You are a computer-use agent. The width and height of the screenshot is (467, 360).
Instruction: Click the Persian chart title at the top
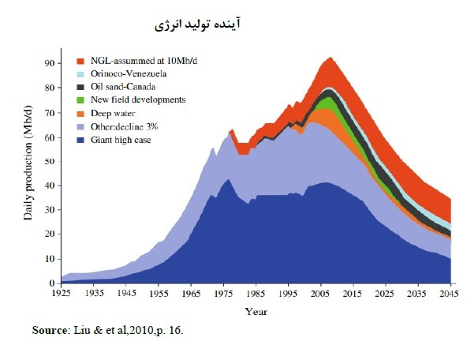197,24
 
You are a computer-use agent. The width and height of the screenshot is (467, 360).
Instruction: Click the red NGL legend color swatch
80,61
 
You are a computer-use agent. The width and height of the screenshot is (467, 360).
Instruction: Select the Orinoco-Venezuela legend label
129,73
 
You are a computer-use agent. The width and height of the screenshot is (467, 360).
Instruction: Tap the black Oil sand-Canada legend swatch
80,87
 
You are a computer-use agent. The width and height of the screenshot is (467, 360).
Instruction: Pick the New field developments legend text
138,99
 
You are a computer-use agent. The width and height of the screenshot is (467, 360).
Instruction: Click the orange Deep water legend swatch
80,114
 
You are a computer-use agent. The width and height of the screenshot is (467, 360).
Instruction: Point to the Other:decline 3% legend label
124,126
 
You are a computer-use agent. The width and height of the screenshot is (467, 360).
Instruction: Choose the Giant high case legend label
121,140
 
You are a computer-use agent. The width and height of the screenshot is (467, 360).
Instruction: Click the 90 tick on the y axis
50,63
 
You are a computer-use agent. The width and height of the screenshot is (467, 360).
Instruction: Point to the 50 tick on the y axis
50,161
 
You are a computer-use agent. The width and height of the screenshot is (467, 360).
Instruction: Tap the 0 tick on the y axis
52,283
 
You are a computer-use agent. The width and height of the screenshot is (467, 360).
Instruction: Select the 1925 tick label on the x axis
62,293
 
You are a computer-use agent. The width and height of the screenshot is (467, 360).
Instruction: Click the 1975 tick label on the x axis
223,293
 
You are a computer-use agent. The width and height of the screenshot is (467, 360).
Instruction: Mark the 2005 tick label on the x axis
320,293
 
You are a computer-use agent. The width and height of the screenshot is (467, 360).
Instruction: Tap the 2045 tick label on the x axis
449,293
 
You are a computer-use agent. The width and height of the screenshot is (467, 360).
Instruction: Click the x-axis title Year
256,312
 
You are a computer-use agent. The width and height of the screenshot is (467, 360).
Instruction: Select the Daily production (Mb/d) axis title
28,163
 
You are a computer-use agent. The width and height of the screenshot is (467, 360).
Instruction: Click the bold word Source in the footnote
50,330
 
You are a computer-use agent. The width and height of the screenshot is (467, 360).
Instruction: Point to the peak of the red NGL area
331,58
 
